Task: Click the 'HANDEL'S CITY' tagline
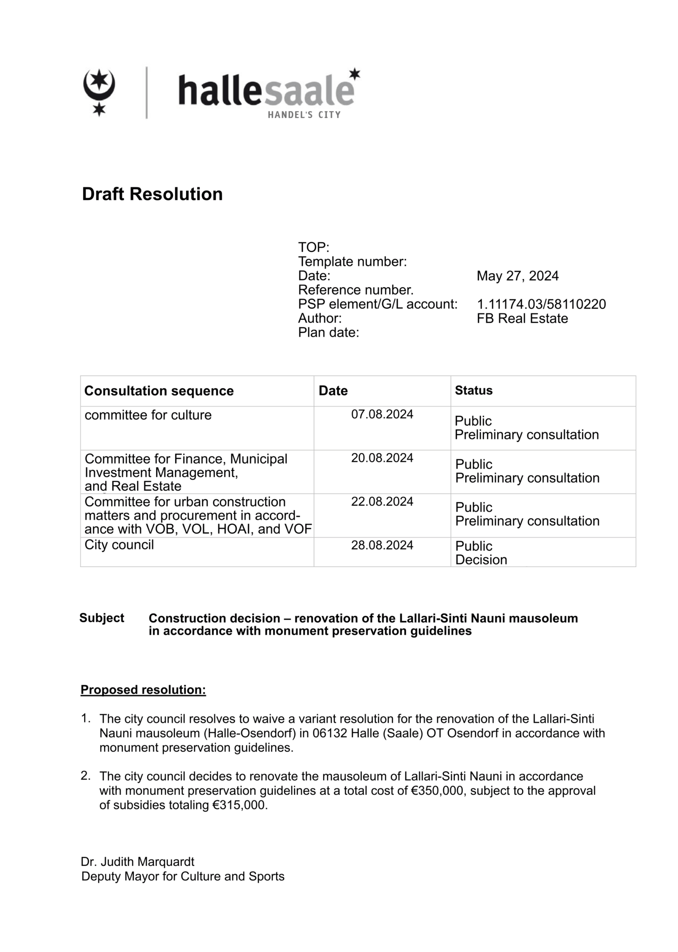pyautogui.click(x=304, y=115)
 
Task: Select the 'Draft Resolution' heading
pyautogui.click(x=152, y=194)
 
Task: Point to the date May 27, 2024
pyautogui.click(x=517, y=276)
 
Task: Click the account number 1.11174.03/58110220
pyautogui.click(x=541, y=304)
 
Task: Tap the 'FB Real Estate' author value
pyautogui.click(x=522, y=318)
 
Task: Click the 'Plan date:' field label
pyautogui.click(x=328, y=333)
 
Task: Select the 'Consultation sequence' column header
pyautogui.click(x=159, y=391)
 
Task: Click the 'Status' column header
pyautogui.click(x=473, y=390)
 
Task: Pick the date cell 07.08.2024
pyautogui.click(x=382, y=414)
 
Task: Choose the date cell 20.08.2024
pyautogui.click(x=382, y=458)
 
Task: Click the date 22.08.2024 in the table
pyautogui.click(x=382, y=502)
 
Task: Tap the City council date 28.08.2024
pyautogui.click(x=382, y=545)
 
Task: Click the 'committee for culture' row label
pyautogui.click(x=148, y=415)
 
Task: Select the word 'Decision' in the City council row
pyautogui.click(x=481, y=560)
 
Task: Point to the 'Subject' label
pyautogui.click(x=101, y=618)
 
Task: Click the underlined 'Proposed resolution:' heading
pyautogui.click(x=143, y=690)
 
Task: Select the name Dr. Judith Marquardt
pyautogui.click(x=137, y=862)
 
